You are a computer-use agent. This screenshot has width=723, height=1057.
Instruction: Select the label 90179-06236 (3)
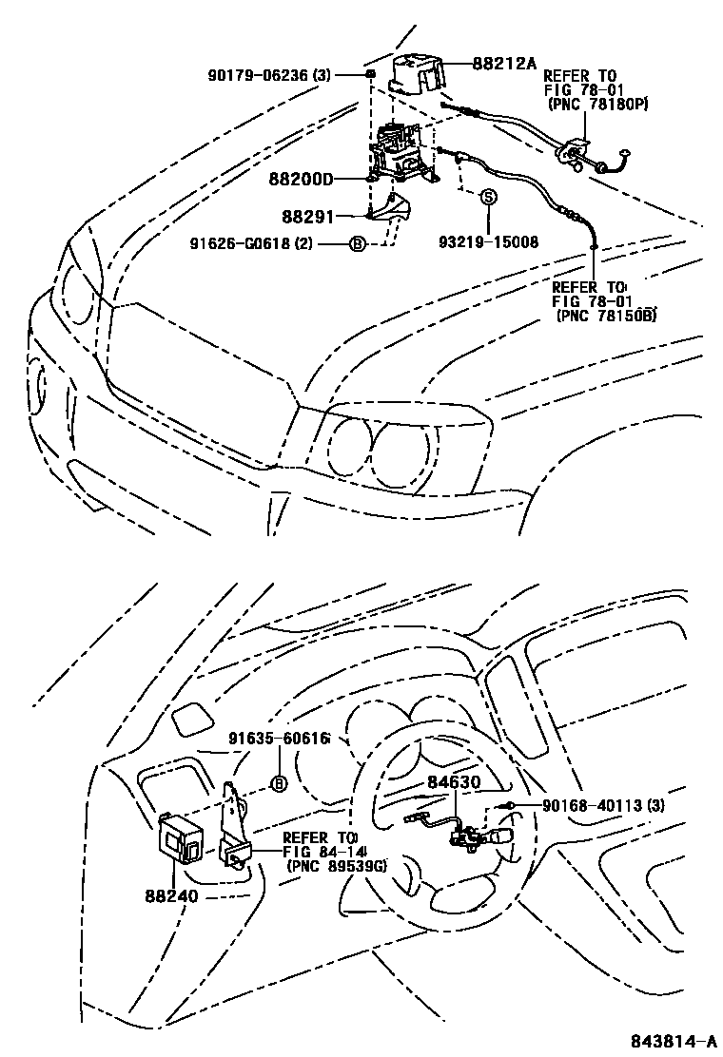pos(267,74)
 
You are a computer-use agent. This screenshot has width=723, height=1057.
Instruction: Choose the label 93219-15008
pos(488,241)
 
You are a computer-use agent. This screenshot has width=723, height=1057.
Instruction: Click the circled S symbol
pos(488,198)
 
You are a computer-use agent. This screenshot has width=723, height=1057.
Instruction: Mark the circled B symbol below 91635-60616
pos(279,783)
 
